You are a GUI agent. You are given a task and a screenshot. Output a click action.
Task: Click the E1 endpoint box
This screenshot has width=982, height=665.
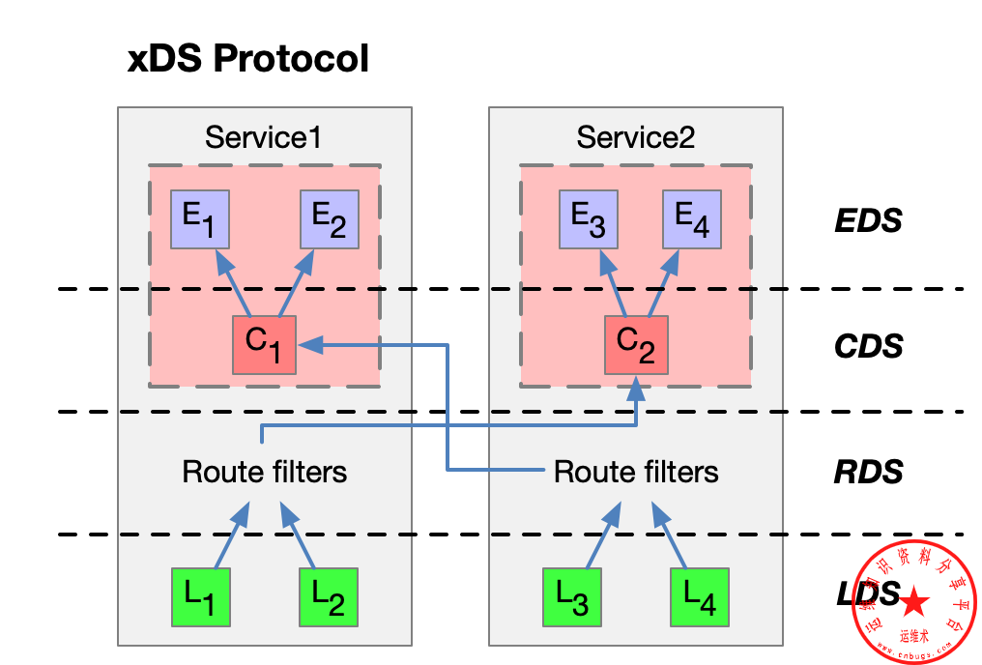(200, 220)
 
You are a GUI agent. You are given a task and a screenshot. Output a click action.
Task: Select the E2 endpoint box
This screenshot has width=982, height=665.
(330, 220)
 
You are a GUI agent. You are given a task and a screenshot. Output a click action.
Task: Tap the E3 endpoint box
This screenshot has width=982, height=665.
(589, 220)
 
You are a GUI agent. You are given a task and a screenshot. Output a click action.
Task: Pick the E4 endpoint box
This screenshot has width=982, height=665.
(692, 220)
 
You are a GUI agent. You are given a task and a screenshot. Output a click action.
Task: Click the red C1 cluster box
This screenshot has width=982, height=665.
(264, 344)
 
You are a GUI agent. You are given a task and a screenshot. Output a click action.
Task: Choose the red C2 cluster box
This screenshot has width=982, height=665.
(635, 344)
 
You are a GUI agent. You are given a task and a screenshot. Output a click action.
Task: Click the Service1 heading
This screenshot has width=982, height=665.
(263, 137)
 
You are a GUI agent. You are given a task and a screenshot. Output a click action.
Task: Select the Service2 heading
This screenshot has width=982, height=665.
(635, 137)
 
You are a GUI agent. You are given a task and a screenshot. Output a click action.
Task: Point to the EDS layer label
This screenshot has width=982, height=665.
(868, 221)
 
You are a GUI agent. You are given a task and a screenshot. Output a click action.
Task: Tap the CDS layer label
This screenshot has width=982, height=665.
(868, 346)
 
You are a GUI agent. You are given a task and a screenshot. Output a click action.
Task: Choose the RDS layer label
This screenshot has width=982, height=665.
(868, 472)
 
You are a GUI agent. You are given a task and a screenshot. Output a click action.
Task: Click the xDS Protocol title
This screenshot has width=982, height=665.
(248, 59)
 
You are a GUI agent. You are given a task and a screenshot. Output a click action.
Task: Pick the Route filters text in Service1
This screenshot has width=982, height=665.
(264, 472)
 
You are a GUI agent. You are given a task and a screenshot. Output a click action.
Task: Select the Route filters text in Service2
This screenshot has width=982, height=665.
(636, 472)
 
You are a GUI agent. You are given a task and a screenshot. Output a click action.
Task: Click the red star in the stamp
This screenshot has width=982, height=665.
(914, 603)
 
